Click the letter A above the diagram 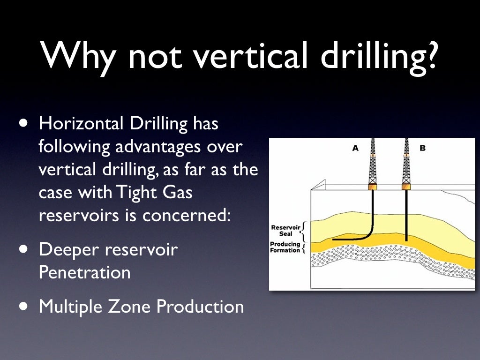[355, 148]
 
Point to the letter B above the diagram [422, 148]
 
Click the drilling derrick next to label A [373, 164]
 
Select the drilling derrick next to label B [406, 164]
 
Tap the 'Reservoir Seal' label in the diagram [286, 231]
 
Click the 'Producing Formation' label [285, 247]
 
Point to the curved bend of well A [368, 234]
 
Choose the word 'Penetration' [84, 272]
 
